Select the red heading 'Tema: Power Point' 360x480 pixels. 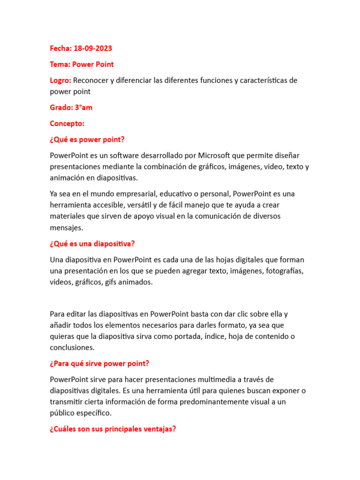(x=82, y=64)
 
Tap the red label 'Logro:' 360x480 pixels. (x=60, y=80)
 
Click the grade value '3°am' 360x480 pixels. (x=83, y=107)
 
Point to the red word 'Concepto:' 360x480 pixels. (x=67, y=123)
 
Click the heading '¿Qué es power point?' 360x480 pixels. (x=88, y=139)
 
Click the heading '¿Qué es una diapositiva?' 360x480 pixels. (x=92, y=243)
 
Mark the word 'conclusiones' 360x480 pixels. (x=72, y=347)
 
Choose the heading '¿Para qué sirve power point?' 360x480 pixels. (x=99, y=363)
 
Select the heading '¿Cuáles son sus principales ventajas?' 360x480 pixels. (x=113, y=429)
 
